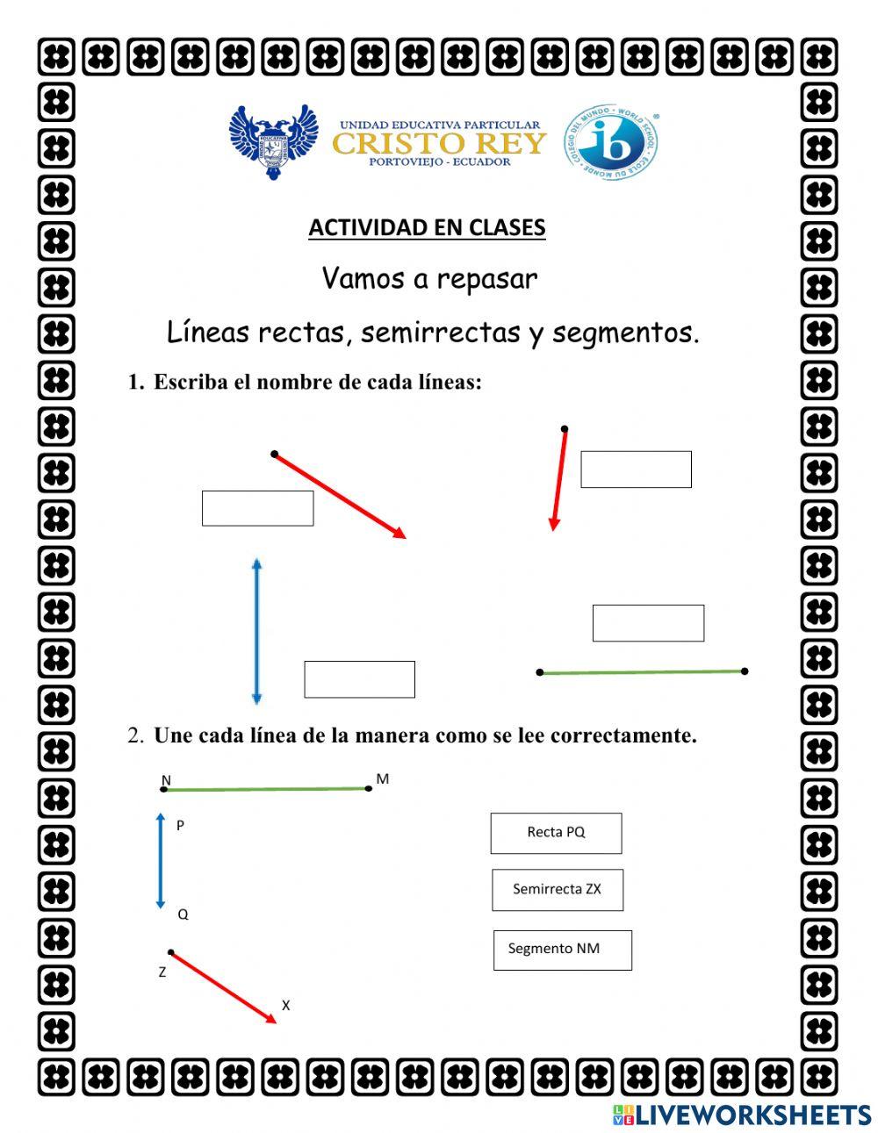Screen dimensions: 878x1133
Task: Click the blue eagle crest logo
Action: (x=273, y=140)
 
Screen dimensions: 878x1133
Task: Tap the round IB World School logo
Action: (x=611, y=142)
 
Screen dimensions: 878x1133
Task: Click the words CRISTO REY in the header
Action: (x=439, y=143)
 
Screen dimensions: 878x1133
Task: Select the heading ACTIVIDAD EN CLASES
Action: (x=427, y=227)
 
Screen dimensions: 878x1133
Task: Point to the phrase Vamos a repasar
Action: (x=429, y=279)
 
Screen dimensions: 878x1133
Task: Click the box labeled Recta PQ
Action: (x=556, y=833)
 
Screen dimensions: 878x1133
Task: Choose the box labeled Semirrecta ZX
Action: (x=558, y=889)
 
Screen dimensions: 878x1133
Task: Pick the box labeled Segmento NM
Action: (x=562, y=950)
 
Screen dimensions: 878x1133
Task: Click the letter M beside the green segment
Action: (x=382, y=778)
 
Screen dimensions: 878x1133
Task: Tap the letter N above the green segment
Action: (x=166, y=779)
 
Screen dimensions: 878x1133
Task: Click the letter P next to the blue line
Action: (x=180, y=826)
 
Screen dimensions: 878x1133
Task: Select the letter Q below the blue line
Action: (x=183, y=914)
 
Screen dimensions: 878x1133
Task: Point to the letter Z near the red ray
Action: (x=162, y=972)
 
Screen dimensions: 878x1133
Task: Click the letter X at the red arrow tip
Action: (x=285, y=1006)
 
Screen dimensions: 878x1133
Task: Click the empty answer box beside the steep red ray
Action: (x=636, y=470)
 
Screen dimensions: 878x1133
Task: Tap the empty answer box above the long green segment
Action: (x=648, y=623)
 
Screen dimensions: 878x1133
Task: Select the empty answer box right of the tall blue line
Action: (x=359, y=679)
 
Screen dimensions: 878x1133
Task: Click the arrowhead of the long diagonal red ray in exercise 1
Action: (x=400, y=533)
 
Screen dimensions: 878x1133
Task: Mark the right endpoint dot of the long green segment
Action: (x=745, y=671)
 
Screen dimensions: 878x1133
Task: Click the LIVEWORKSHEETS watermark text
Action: (x=752, y=1115)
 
